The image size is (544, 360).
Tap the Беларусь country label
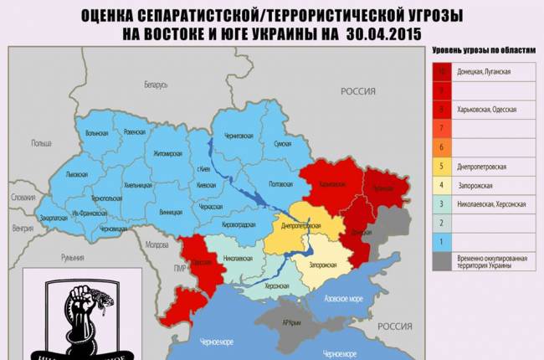pyautogui.click(x=156, y=85)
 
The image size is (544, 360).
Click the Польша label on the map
pyautogui.click(x=41, y=143)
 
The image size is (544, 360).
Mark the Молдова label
pyautogui.click(x=157, y=245)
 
